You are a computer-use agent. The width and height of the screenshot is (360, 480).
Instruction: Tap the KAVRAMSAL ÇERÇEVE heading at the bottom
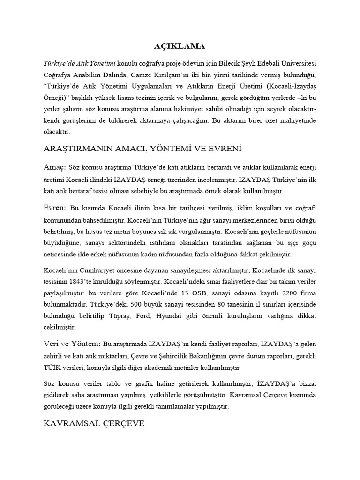93,424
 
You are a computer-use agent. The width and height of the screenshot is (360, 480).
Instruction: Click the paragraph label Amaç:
54,167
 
